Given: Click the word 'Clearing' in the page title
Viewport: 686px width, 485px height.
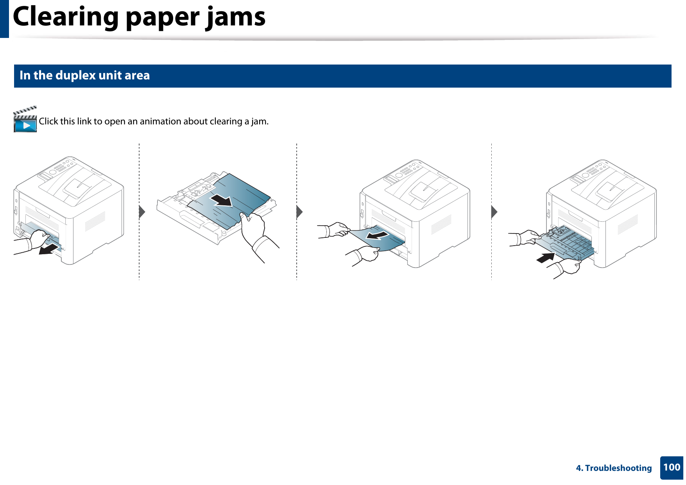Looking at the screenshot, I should coord(66,17).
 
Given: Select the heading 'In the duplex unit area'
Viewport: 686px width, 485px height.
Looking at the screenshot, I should coord(84,75).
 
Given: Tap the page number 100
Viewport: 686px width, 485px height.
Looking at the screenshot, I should coord(672,467).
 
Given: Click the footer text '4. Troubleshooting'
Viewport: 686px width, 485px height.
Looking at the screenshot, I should coord(614,468).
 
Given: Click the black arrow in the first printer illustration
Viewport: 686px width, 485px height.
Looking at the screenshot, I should coord(50,249).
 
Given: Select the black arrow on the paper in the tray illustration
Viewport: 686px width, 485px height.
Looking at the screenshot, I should coord(221,200).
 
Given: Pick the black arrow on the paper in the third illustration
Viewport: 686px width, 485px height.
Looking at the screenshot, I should coord(377,235).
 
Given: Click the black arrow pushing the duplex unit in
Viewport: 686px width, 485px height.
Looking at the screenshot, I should coord(546,258).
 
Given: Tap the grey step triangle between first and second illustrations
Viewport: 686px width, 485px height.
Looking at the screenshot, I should coord(142,212).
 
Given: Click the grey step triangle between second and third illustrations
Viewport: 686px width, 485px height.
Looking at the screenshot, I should coord(299,212).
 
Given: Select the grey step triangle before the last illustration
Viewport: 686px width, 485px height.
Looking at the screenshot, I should coord(494,212).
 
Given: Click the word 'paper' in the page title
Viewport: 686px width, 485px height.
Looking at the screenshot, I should coord(164,17).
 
